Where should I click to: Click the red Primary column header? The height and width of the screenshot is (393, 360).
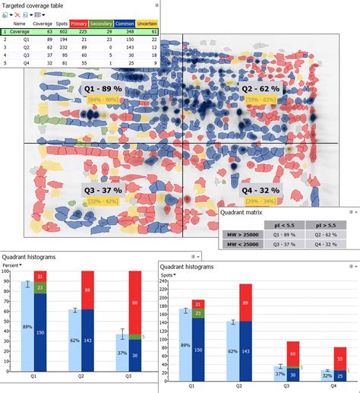click(x=79, y=24)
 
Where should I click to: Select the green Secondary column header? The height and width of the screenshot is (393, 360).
click(x=102, y=24)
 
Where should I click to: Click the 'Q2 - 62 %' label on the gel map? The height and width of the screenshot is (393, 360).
click(x=260, y=89)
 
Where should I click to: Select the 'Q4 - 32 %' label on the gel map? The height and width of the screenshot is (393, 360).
click(x=260, y=190)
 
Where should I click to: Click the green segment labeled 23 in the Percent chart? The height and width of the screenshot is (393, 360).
click(x=40, y=287)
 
